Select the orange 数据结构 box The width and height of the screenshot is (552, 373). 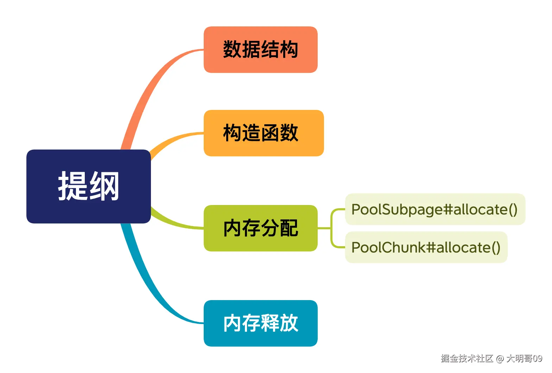click(x=260, y=49)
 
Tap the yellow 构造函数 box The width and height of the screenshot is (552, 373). click(x=264, y=133)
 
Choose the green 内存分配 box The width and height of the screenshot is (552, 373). click(x=260, y=228)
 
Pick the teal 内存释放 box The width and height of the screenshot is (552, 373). click(x=260, y=323)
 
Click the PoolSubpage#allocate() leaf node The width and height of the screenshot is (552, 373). click(x=435, y=209)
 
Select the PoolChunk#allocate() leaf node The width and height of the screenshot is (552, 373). click(x=426, y=247)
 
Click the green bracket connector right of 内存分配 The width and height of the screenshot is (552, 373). click(x=331, y=228)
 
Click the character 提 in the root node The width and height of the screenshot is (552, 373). click(x=72, y=186)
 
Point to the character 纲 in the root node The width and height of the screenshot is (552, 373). click(x=104, y=186)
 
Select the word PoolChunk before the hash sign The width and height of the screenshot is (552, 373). click(x=388, y=248)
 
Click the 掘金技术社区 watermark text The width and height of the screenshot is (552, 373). click(x=467, y=359)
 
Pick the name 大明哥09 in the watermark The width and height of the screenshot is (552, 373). click(x=524, y=359)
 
